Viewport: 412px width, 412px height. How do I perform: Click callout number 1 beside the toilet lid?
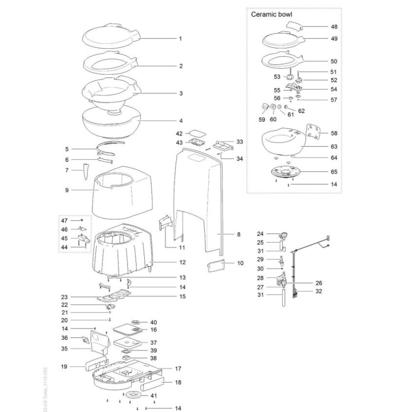[180, 39]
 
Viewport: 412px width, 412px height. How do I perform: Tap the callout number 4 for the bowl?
[180, 121]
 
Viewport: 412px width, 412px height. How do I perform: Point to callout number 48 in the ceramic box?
[334, 26]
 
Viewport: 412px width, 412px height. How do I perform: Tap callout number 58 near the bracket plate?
[334, 132]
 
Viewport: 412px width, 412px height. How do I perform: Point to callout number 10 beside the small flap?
[239, 263]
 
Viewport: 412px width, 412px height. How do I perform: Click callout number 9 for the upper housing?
[67, 190]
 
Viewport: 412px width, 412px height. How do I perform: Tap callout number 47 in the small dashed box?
[64, 220]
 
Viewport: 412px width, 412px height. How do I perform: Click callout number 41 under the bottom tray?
[153, 395]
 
